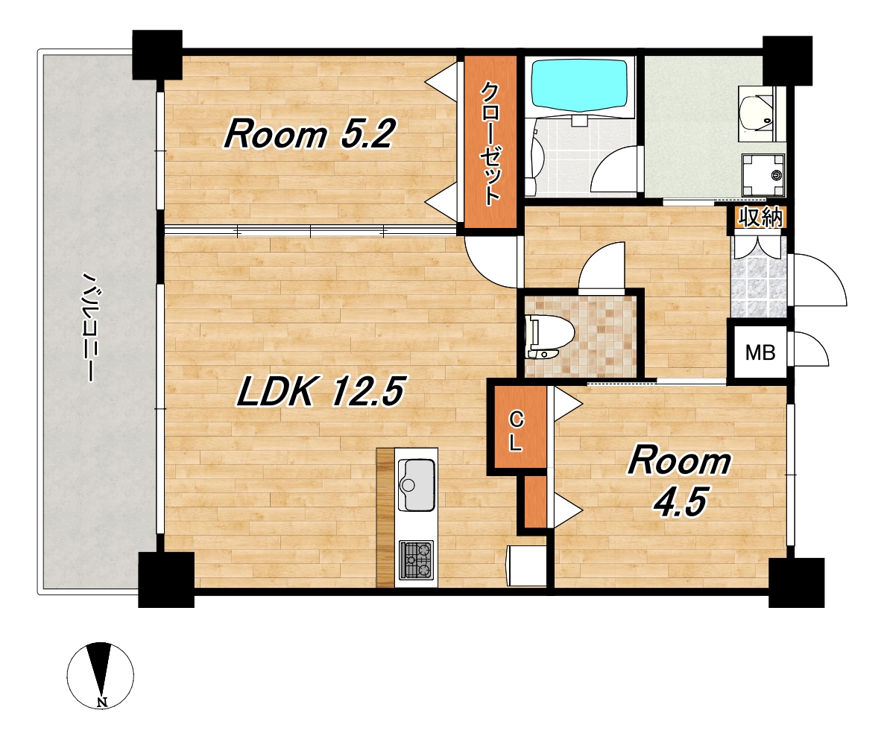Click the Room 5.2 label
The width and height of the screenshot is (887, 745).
pos(309,135)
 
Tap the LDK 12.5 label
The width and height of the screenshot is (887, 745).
pos(321,391)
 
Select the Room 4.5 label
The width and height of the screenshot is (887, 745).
pos(680,481)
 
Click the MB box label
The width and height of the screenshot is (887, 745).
pos(760,352)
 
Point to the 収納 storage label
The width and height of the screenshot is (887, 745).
pos(760,217)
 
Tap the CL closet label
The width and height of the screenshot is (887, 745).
pos(516,431)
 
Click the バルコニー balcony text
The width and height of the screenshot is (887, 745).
pos(88,328)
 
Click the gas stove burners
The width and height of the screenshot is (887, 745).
pos(416,559)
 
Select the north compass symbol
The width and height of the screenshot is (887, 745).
pos(101,675)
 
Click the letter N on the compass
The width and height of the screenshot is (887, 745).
pos(102,703)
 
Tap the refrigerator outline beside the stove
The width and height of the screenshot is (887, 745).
pos(527,565)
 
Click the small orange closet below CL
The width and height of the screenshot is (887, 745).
pos(535,501)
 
